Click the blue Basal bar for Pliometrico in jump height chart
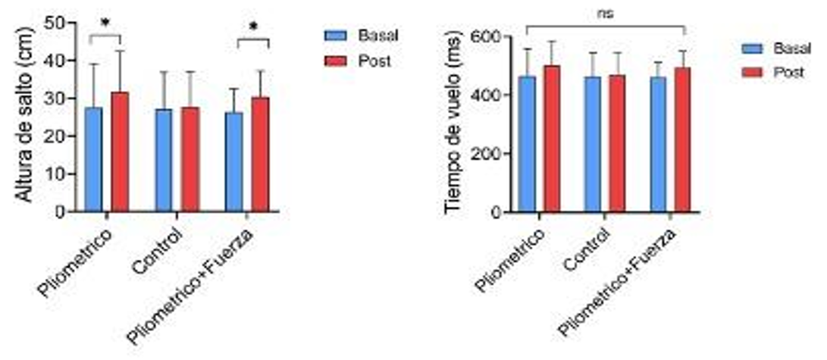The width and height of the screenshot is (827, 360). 93,159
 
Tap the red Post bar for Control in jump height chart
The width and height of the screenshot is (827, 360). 190,159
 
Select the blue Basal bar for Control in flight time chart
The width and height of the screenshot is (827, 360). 593,144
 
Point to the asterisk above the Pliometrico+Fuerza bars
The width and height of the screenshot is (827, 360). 253,27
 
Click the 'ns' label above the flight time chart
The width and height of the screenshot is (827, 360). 605,14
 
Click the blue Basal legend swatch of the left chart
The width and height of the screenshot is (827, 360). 335,35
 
